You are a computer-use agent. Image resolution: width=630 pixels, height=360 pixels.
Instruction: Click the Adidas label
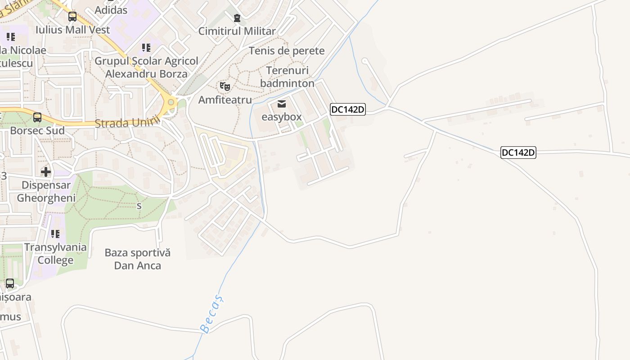coord(111,10)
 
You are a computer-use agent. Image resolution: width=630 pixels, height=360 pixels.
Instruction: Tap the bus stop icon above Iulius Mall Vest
coord(72,17)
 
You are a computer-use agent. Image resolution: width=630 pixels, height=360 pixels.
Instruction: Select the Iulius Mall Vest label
coord(72,30)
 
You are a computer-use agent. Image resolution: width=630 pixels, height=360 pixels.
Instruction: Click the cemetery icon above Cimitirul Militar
coord(237,18)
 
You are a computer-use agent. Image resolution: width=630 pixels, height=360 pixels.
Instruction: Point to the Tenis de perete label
coord(287,50)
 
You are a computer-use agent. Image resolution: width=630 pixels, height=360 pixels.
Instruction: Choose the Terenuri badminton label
coord(287,77)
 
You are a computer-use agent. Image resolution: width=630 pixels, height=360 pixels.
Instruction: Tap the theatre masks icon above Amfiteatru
coord(225,86)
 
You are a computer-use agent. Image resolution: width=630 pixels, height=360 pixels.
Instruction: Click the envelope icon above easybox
coord(282,104)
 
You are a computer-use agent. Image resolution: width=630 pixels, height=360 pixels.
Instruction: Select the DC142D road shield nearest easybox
coord(347,109)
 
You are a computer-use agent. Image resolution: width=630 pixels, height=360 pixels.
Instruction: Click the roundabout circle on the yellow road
coord(171,103)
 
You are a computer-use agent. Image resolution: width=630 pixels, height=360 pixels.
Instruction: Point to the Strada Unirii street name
coord(127,122)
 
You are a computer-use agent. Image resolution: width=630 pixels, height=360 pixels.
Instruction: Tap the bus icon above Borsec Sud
coord(37,117)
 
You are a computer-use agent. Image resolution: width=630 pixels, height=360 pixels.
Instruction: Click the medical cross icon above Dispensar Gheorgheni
coord(46,172)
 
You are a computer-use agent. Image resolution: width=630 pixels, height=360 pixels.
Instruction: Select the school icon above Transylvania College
coord(55,234)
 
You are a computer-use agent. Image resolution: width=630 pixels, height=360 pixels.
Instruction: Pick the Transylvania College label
coord(55,253)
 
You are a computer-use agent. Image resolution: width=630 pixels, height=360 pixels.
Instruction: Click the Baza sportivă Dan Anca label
coord(138,259)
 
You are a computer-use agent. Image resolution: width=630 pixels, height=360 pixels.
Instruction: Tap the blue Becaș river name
coord(211,314)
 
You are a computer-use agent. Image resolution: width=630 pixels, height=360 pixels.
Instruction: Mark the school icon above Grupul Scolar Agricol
coord(146,48)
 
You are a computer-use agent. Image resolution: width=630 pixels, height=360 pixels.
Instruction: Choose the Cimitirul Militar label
coord(237,31)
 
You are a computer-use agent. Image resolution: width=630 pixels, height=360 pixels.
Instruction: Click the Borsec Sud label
coord(37,130)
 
